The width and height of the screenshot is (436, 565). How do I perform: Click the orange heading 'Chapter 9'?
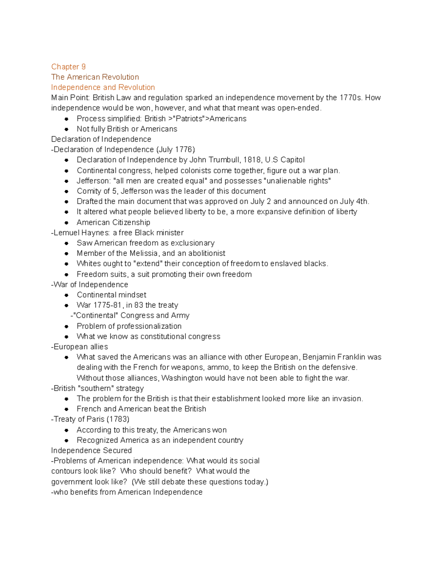(68, 67)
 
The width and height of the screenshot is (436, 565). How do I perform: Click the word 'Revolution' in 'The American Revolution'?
(121, 77)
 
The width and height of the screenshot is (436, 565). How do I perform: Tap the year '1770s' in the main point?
(351, 98)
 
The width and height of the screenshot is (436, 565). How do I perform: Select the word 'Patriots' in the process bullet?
(189, 119)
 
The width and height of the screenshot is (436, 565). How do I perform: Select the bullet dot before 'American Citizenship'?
(66, 223)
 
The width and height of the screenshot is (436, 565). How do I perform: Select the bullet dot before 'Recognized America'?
(66, 441)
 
